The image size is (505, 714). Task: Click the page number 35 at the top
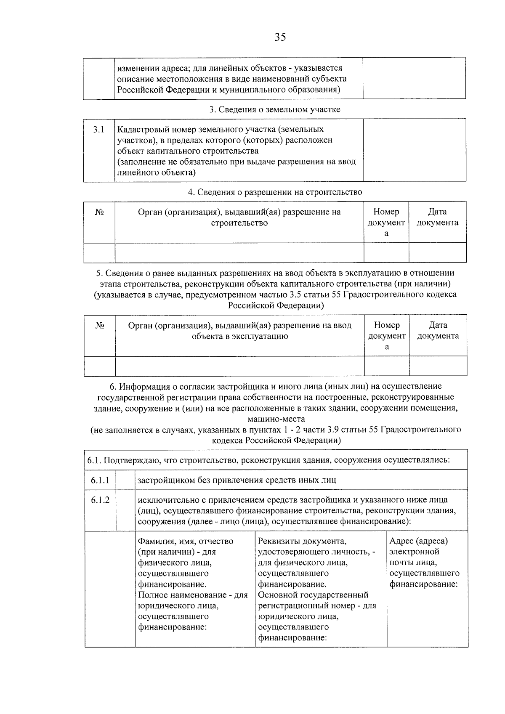tap(280, 37)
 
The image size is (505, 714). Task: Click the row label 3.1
tap(98, 129)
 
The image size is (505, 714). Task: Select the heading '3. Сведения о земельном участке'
tap(275, 109)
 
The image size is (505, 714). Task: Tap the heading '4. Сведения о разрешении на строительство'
tap(275, 192)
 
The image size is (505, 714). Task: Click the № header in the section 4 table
tap(99, 212)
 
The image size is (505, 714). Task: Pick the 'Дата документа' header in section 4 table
tap(437, 217)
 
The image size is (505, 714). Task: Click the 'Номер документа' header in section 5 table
tap(387, 336)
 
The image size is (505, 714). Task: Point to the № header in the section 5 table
tap(100, 326)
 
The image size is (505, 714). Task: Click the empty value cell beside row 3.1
tap(415, 150)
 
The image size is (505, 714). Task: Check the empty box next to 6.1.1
tap(125, 480)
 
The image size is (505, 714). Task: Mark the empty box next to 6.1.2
tap(125, 510)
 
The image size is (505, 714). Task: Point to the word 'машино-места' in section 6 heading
tap(276, 419)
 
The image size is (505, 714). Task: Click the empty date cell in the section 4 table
tap(437, 252)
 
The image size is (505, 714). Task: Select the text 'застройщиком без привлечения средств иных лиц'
tap(237, 480)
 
